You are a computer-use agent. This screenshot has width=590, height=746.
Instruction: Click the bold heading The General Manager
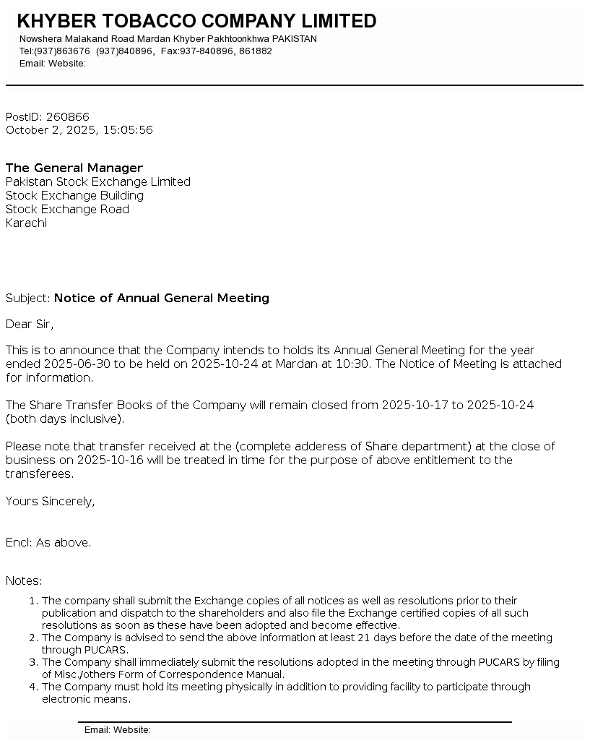[x=74, y=168]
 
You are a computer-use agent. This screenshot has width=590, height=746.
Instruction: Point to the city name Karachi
[x=26, y=223]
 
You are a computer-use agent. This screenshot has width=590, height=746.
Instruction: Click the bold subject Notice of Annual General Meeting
[x=162, y=299]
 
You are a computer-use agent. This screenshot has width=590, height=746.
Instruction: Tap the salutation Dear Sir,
[x=30, y=325]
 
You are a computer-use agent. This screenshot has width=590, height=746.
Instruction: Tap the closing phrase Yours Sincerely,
[x=51, y=502]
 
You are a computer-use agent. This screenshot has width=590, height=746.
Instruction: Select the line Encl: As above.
[x=48, y=543]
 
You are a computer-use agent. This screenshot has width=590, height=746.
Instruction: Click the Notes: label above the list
[x=24, y=581]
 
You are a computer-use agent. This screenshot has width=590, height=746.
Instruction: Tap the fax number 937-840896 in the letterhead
[x=206, y=51]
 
